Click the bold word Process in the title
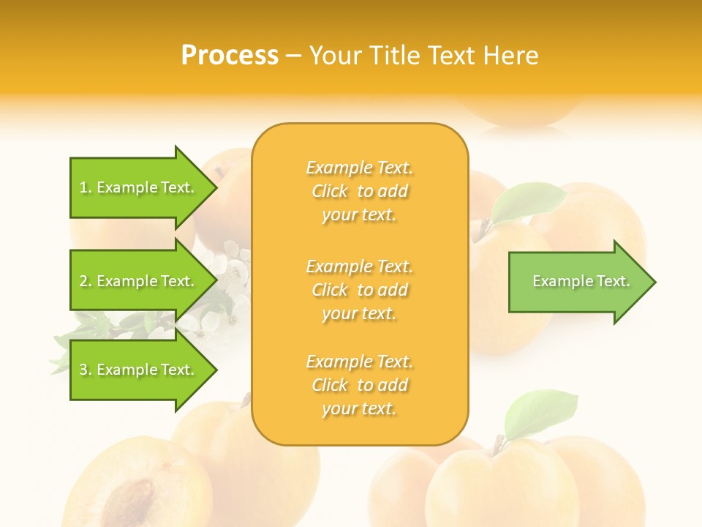230,56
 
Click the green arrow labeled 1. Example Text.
139,187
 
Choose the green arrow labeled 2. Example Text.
139,281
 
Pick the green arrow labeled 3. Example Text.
139,370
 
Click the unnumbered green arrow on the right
578,282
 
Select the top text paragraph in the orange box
359,191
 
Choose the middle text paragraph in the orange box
359,289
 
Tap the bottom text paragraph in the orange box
359,385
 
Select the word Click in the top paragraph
330,191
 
